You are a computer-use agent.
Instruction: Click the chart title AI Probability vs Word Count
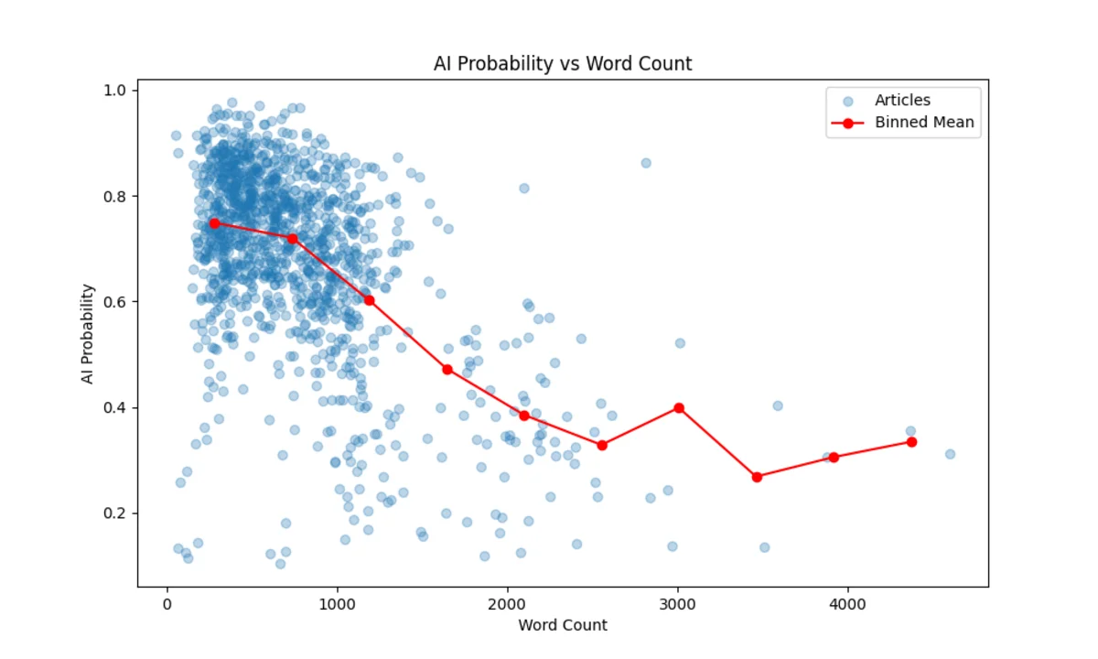coord(563,64)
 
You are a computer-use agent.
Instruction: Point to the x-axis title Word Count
coord(563,625)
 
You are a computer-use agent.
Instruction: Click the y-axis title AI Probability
coord(88,333)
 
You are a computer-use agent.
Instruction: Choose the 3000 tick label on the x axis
coord(677,604)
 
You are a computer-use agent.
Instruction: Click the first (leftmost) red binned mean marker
coord(214,223)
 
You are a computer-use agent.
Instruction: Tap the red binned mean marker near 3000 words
coord(679,408)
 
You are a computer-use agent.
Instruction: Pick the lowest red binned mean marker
coord(757,477)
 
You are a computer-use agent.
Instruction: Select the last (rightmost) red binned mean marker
coord(911,442)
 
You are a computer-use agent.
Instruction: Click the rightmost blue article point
coord(950,454)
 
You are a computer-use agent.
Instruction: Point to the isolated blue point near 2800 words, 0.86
coord(646,163)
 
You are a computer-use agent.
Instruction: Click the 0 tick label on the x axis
coord(167,604)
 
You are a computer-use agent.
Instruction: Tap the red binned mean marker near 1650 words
coord(447,369)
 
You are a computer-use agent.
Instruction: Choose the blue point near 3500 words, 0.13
coord(764,547)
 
